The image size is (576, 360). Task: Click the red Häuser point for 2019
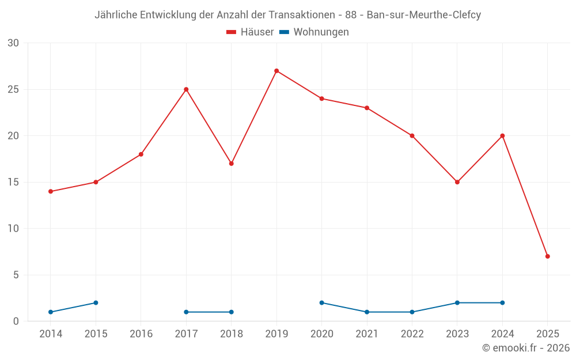coord(276,71)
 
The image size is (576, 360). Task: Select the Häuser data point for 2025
coord(548,256)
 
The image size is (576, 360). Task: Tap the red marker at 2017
coord(186,89)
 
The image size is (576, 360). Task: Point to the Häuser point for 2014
coord(51,191)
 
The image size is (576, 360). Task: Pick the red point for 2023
coord(457,182)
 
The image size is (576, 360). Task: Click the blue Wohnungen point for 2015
coord(96,303)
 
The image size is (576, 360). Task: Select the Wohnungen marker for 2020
coord(321,303)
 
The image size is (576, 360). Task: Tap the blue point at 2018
coord(231,312)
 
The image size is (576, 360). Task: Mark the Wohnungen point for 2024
coord(502,303)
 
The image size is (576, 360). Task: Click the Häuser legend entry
coord(250,32)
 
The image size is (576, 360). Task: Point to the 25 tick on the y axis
coord(13,89)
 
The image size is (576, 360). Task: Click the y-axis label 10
coord(13,229)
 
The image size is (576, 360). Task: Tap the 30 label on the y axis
coord(13,43)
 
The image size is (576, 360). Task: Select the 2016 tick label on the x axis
coord(141,334)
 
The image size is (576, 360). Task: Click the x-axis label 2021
coord(367,334)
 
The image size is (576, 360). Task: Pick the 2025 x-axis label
coord(548,334)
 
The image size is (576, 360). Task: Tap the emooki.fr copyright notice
coord(526,348)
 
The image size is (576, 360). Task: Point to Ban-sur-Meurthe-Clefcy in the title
coord(423,15)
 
